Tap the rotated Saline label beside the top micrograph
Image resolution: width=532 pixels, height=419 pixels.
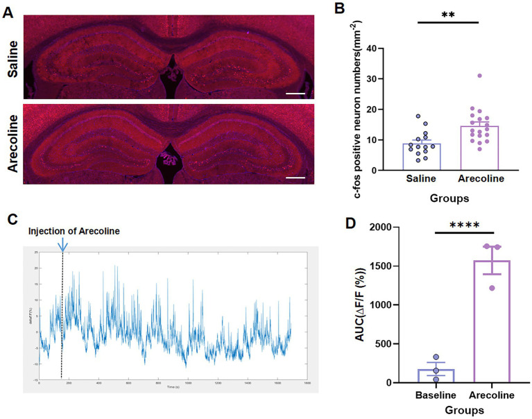click(12, 56)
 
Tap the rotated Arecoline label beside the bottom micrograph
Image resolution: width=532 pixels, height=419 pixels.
click(12, 144)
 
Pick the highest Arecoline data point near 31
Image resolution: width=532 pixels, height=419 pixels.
click(479, 76)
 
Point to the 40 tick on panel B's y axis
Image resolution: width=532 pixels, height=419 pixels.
click(379, 49)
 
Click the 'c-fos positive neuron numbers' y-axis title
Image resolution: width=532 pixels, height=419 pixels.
click(355, 104)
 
